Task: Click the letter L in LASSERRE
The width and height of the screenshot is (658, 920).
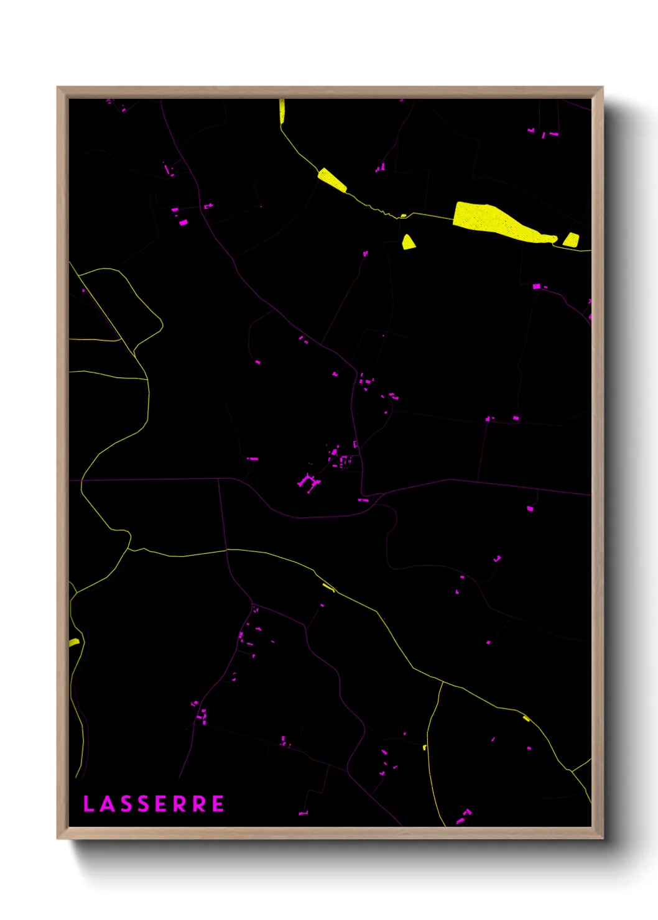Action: (x=88, y=804)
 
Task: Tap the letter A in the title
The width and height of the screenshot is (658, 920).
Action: (x=106, y=804)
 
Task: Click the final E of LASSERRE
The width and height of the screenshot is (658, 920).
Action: (x=218, y=804)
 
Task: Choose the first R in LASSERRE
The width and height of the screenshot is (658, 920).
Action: (x=180, y=804)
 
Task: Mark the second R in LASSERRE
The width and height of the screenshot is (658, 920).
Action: (x=199, y=804)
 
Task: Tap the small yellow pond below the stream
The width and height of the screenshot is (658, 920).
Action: (x=408, y=242)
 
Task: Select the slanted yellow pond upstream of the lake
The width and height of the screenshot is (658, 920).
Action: (x=332, y=179)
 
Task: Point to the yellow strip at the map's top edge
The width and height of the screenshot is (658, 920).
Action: (x=282, y=111)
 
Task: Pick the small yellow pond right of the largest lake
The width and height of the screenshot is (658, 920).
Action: (x=571, y=239)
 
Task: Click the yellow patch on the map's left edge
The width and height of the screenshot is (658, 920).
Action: (x=74, y=642)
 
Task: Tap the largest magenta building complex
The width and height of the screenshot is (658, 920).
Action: (x=308, y=482)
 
